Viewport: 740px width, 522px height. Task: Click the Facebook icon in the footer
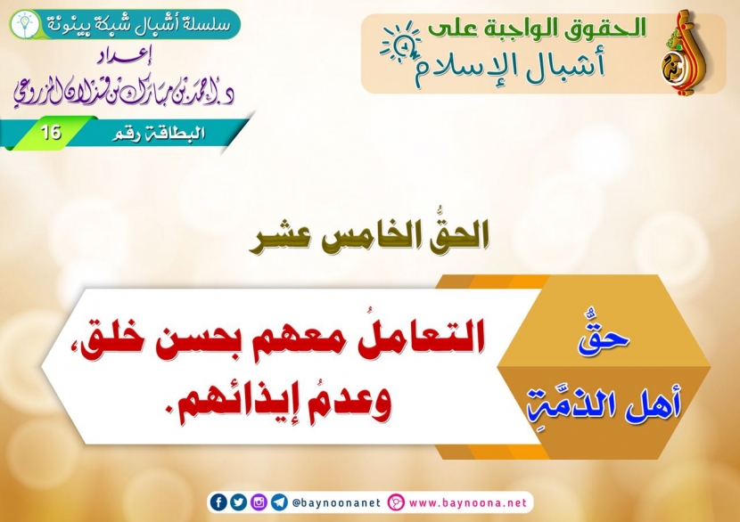point(218,502)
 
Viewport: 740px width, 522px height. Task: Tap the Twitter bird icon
point(238,502)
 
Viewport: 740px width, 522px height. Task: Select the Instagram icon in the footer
point(259,502)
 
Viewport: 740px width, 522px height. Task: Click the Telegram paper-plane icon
point(279,502)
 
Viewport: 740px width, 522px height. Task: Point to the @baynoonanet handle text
point(336,503)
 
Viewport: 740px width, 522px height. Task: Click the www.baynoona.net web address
point(468,503)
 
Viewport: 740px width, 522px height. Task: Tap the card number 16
point(51,133)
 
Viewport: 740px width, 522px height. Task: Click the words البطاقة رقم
point(159,134)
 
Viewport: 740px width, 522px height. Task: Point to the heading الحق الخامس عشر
point(369,236)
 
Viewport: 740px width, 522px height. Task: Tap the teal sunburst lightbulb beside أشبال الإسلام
point(400,43)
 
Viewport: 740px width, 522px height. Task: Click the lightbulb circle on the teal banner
point(25,25)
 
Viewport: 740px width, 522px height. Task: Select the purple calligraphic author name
point(124,93)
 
